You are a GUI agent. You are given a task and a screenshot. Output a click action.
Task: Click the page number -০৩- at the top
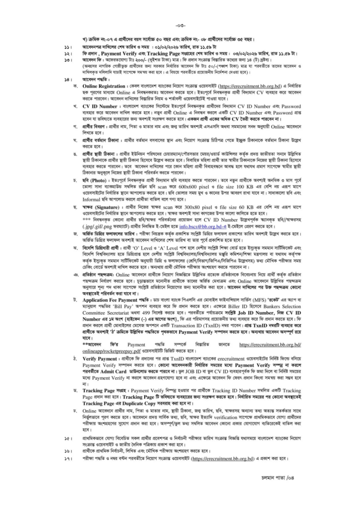pyautogui.click(x=180, y=25)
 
